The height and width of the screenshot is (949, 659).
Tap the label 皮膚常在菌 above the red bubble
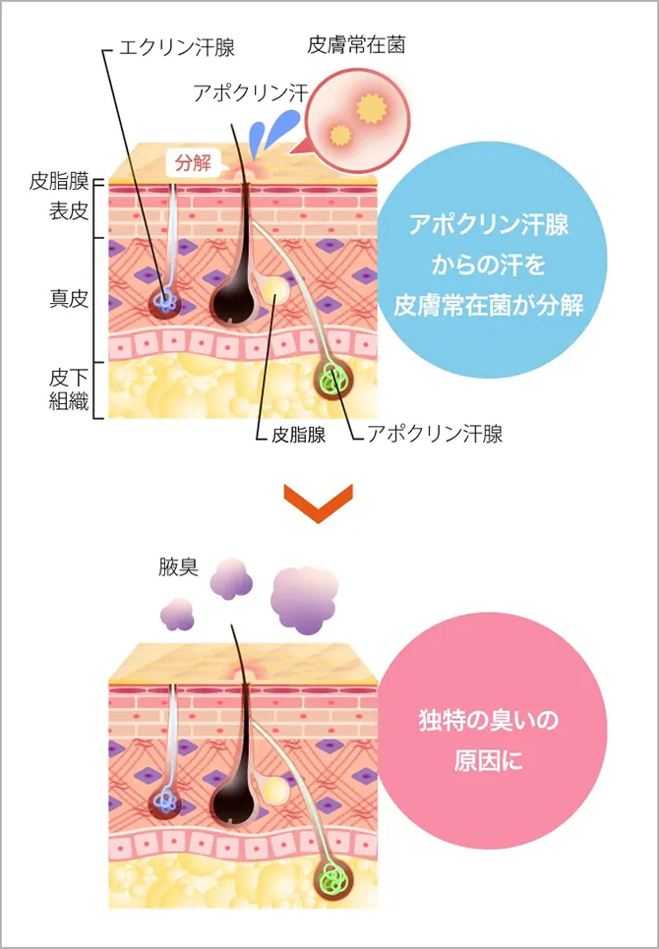click(356, 45)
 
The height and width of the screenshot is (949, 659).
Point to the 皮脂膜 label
click(59, 182)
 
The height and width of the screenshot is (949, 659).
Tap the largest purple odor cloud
click(309, 598)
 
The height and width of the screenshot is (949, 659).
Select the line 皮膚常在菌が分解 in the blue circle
click(488, 302)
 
